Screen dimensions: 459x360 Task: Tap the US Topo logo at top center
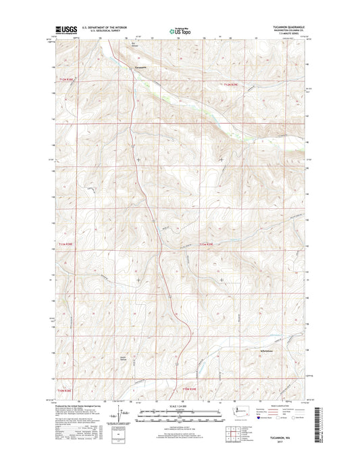(180, 30)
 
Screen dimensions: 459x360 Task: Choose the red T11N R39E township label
(206, 244)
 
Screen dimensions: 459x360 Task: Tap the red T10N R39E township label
(188, 389)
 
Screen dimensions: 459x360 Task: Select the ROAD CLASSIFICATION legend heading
(281, 406)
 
